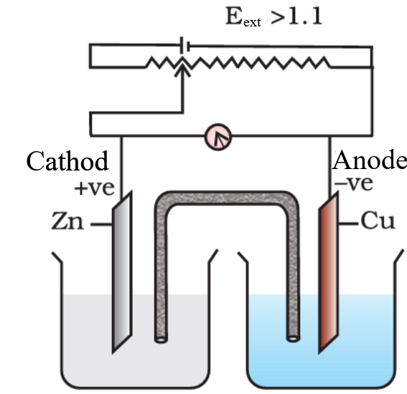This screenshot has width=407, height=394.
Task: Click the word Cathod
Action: click(x=67, y=161)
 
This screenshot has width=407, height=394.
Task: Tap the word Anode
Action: click(x=370, y=160)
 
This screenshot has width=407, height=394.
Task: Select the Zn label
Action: click(x=67, y=221)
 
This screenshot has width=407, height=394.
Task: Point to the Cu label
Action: click(x=378, y=221)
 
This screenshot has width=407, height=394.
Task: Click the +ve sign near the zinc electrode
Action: click(x=94, y=188)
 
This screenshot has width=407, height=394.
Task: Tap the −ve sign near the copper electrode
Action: click(x=354, y=183)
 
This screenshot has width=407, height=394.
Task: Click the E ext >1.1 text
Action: click(x=273, y=16)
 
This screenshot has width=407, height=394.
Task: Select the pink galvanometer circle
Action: click(x=217, y=137)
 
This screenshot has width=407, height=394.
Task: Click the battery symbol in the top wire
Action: click(x=184, y=45)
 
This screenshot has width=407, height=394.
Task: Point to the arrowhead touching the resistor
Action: click(x=182, y=68)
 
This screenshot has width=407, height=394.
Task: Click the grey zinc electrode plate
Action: click(x=122, y=272)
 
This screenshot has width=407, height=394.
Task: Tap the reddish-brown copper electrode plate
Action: click(x=328, y=272)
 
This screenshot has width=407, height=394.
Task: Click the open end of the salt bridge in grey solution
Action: click(x=161, y=340)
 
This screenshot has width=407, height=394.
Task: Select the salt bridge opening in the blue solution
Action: click(x=293, y=339)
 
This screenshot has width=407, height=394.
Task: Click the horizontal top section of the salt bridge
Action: click(x=226, y=198)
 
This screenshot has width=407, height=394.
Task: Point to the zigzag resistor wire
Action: click(x=238, y=63)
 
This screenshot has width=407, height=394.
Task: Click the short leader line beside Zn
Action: click(x=101, y=224)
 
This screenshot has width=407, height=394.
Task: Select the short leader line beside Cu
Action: click(x=348, y=223)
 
